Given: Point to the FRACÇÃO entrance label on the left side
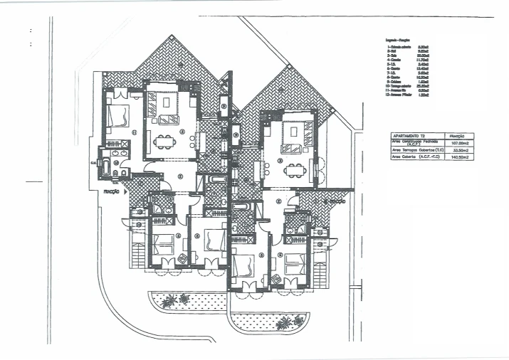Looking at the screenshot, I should pyautogui.click(x=112, y=192).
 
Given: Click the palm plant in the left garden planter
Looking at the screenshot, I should pyautogui.click(x=167, y=301).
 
